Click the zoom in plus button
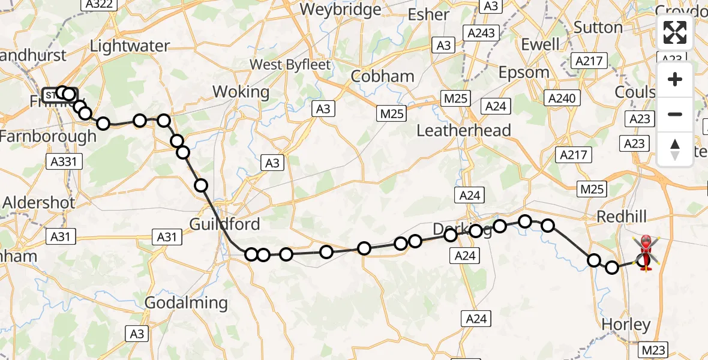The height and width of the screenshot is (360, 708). [675, 79]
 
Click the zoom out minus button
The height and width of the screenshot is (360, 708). [675, 114]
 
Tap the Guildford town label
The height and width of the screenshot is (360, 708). [224, 224]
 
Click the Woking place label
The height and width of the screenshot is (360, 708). [241, 92]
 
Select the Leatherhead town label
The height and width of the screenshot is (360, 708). [463, 130]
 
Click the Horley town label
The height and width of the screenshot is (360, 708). [626, 325]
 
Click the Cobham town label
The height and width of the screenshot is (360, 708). [382, 76]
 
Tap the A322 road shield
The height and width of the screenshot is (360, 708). [98, 4]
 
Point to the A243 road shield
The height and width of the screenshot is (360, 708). [482, 33]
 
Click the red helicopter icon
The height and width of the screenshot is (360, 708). [646, 253]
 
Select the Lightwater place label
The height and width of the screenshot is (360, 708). [130, 46]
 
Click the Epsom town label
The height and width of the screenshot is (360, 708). [524, 73]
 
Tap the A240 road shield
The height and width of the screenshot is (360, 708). [562, 98]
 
